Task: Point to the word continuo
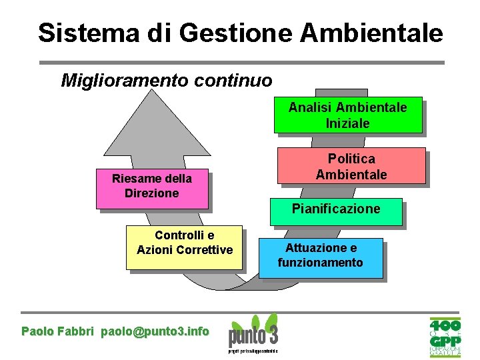coord(235,81)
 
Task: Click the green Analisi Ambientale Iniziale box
coord(347,115)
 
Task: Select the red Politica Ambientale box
coord(351,166)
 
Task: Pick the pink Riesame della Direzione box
coord(152,188)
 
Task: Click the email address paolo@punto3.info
coord(155,331)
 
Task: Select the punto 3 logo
coord(253,333)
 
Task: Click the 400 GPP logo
coord(445,337)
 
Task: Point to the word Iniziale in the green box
coord(347,123)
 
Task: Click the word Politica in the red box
coord(351,159)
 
